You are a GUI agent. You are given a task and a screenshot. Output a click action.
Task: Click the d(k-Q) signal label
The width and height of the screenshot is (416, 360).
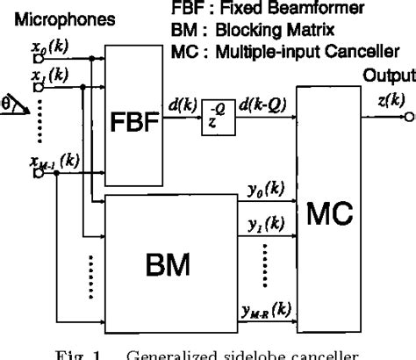[262, 109]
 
